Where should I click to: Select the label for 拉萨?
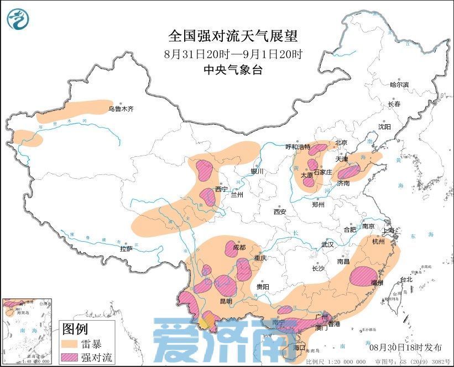(126, 248)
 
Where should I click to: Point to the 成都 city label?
(239, 247)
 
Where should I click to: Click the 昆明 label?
(226, 301)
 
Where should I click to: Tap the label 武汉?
(328, 244)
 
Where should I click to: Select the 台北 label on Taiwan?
(406, 279)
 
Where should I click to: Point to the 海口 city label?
(299, 348)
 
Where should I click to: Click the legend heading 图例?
(75, 330)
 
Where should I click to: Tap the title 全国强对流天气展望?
(233, 36)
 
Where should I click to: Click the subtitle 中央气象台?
(233, 70)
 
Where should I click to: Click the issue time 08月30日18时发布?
(405, 347)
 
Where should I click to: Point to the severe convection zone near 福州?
(363, 275)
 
